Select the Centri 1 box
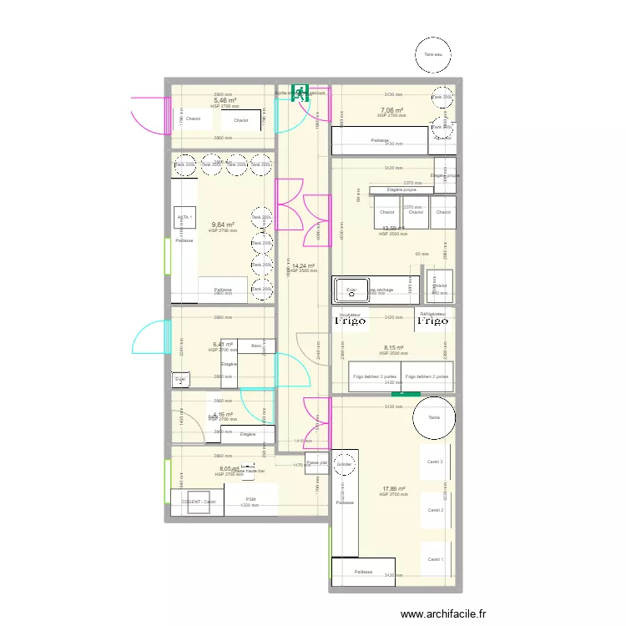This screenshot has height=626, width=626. [x=435, y=559]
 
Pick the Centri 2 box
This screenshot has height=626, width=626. [x=435, y=510]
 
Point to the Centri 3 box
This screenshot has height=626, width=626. [x=435, y=462]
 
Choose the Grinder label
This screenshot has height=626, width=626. [x=344, y=464]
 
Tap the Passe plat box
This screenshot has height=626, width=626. [x=316, y=462]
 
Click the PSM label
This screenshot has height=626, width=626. [x=250, y=499]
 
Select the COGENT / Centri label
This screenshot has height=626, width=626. [x=199, y=502]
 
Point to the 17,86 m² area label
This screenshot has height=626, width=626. [x=394, y=489]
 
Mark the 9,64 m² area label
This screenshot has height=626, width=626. [x=223, y=225]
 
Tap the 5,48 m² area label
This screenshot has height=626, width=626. [x=225, y=101]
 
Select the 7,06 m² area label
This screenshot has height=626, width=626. [x=392, y=110]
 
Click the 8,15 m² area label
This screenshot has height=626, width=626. [x=394, y=348]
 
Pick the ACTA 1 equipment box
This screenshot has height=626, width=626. [x=184, y=218]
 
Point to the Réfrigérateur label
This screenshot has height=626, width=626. [x=433, y=314]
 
